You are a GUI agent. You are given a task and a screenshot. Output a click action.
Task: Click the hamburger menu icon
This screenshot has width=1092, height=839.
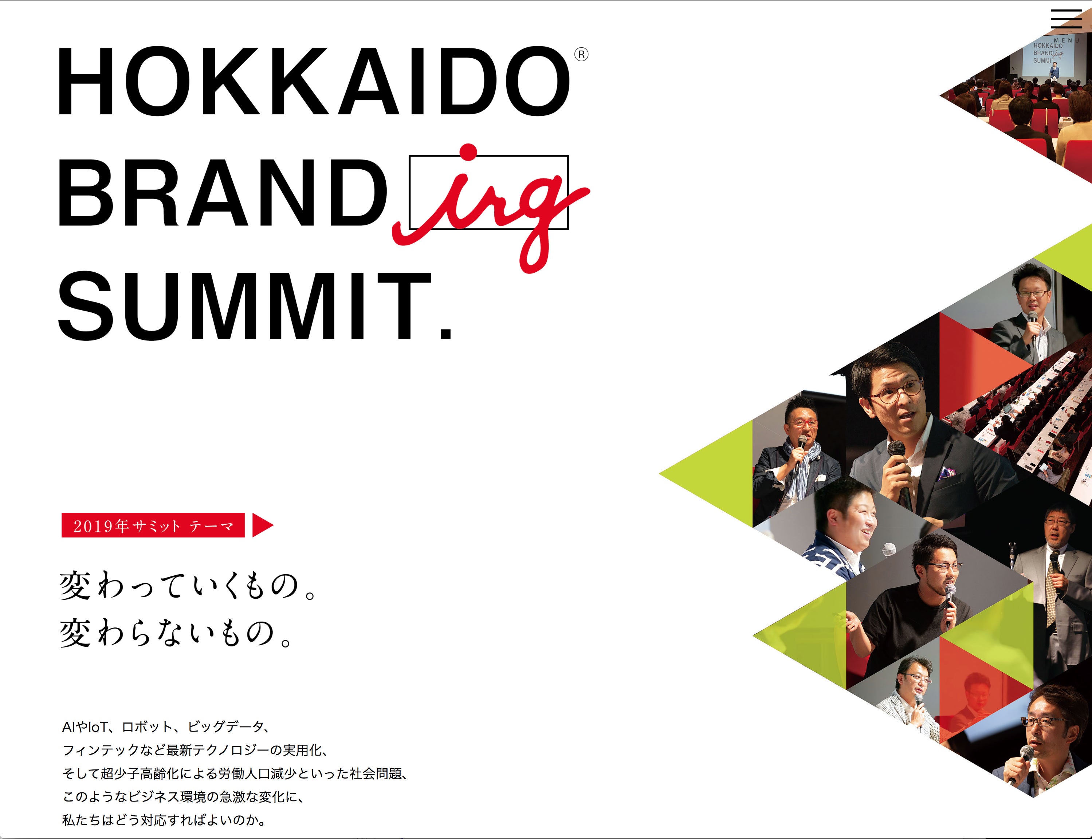(x=1066, y=19)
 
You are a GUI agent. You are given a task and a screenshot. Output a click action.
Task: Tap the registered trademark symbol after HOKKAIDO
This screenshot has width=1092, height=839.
(x=581, y=54)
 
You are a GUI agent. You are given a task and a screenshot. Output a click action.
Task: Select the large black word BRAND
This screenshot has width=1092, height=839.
(x=223, y=193)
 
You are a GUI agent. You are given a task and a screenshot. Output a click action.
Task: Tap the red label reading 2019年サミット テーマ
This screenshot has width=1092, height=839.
(x=153, y=525)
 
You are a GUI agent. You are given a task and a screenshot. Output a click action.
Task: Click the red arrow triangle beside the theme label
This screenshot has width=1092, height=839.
(x=262, y=525)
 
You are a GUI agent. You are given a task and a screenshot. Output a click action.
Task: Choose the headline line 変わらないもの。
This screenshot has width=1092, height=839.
(x=176, y=633)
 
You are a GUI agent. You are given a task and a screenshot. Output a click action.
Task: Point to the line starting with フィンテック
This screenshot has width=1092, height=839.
(x=195, y=750)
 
